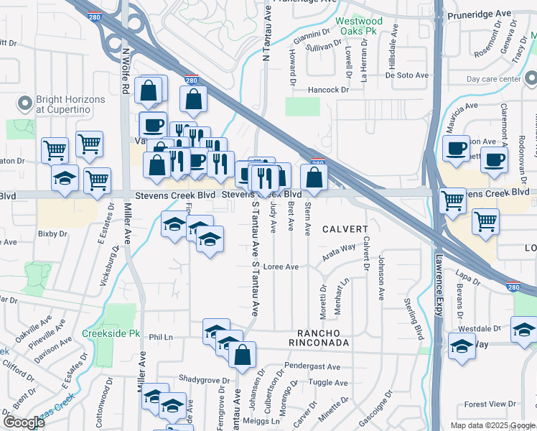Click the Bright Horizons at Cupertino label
point(70,105)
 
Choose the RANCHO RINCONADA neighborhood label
point(323,338)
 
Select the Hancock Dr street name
point(327,90)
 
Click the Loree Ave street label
point(281,267)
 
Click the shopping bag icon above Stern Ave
point(314,178)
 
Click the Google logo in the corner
point(24,422)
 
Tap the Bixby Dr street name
point(52,233)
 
